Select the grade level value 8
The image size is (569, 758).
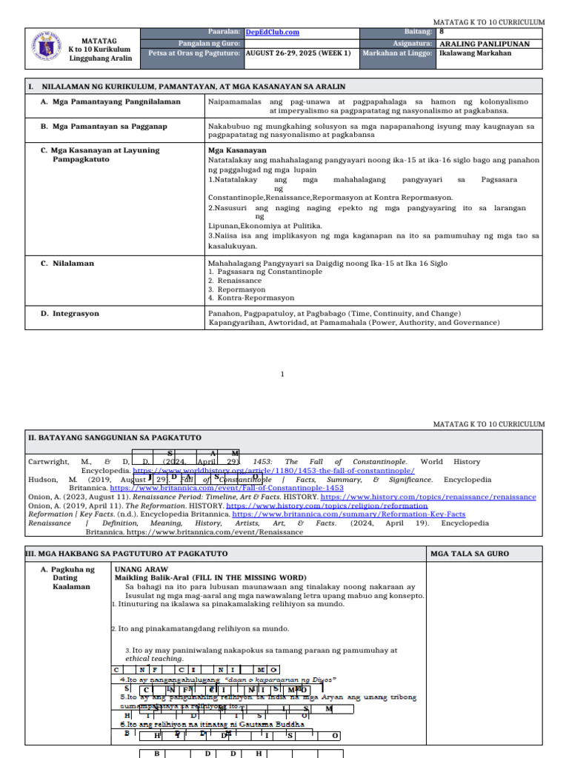(x=442, y=32)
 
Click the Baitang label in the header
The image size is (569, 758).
(x=417, y=32)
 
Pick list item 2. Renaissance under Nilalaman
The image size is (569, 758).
(x=235, y=281)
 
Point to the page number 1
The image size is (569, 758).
(x=282, y=375)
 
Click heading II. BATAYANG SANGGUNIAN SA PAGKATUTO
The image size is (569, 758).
(x=114, y=438)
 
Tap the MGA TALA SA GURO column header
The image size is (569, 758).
(x=470, y=554)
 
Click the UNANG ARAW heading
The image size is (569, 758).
(x=136, y=569)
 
